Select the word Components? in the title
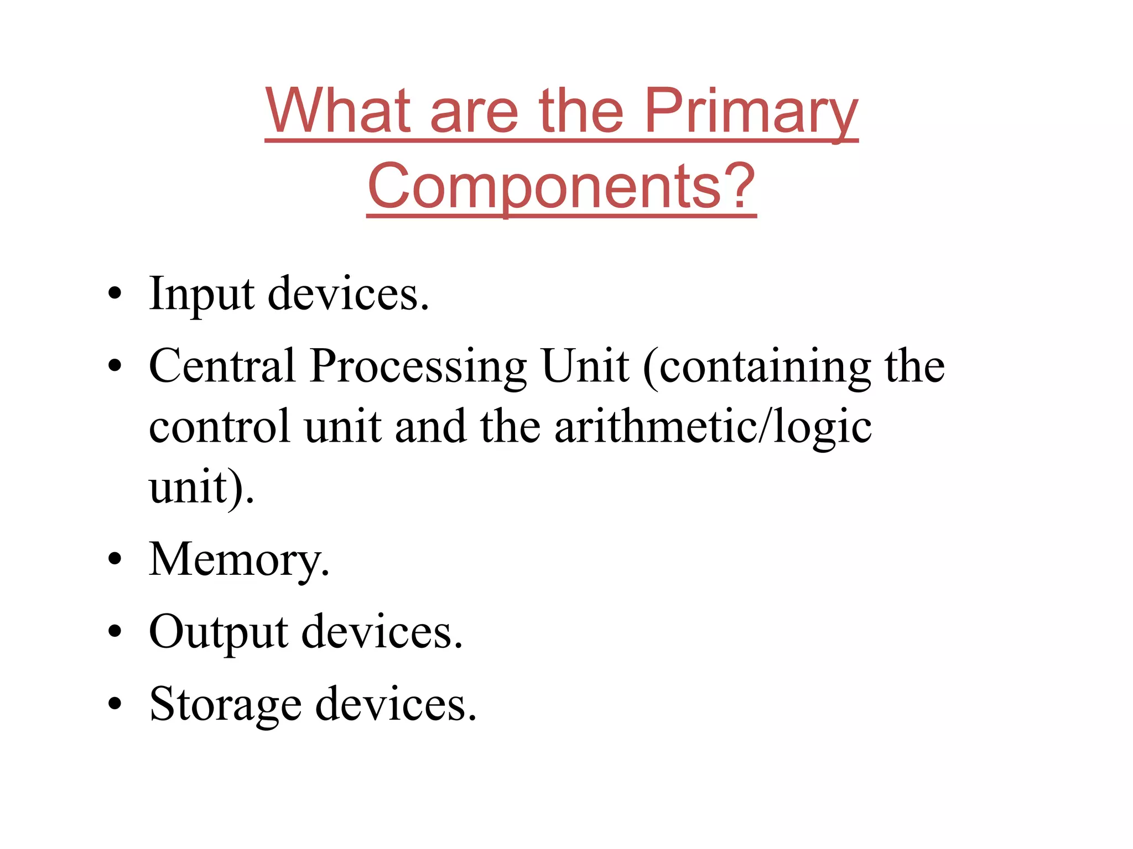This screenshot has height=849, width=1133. pyautogui.click(x=561, y=187)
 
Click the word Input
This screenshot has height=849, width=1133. pyautogui.click(x=201, y=294)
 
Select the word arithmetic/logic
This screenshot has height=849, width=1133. pyautogui.click(x=713, y=427)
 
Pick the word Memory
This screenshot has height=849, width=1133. pyautogui.click(x=238, y=559)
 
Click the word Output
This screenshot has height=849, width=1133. pyautogui.click(x=218, y=632)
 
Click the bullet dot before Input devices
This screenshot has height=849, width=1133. pyautogui.click(x=115, y=294)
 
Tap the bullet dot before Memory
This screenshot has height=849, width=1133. pyautogui.click(x=115, y=559)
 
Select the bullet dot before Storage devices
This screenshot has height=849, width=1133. pyautogui.click(x=115, y=704)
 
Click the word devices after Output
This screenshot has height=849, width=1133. pyautogui.click(x=382, y=631)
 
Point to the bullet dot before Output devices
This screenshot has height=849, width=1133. pyautogui.click(x=115, y=631)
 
